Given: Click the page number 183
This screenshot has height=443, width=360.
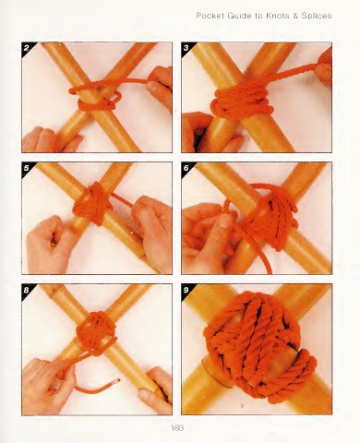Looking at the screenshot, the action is pos(177,427).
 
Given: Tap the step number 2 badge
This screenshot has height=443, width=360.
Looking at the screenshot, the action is pos(27,48).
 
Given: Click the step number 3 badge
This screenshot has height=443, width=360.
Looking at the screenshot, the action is pos(186,48).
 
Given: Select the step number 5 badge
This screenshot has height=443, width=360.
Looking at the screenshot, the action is pos(27,168).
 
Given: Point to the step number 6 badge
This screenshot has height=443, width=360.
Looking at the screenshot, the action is pos(186,168).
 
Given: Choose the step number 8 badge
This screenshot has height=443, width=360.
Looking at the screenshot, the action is pos(27,290).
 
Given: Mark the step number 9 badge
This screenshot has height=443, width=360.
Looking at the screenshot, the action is pos(186,290).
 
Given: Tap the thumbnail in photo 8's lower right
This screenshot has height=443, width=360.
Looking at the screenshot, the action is pos(145,395).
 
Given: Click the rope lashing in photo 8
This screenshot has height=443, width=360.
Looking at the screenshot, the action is pos(95,332).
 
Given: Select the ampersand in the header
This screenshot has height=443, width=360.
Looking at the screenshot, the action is pos(295,16).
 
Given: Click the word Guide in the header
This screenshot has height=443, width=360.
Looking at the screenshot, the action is pos(239,16).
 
